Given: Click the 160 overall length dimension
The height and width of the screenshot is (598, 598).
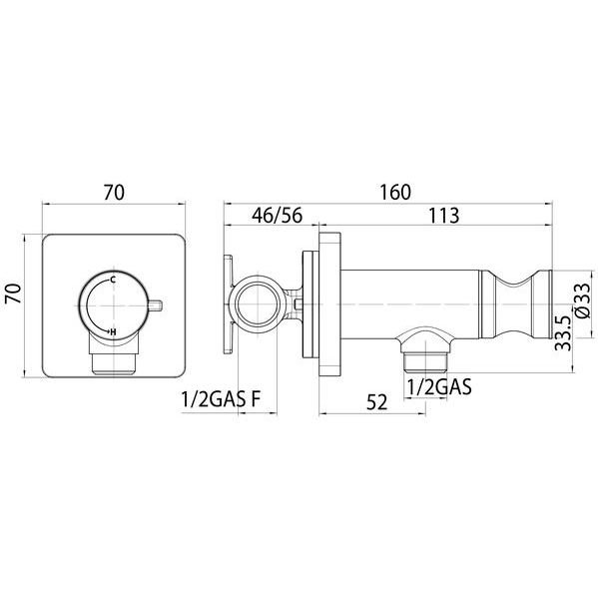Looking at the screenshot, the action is pos(395,192).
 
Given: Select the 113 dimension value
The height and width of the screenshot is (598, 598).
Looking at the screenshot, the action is pos(444,216).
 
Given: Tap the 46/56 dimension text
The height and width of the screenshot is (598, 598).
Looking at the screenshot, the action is pos(277,216).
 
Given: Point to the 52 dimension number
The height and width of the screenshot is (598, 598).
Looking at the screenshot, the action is pos(376,402).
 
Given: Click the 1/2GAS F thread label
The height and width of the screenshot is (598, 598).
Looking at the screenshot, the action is pos(221,399).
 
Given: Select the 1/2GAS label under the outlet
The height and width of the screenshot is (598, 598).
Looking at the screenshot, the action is pos(439,386).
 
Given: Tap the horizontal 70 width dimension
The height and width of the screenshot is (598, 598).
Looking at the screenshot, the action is pos(114,192).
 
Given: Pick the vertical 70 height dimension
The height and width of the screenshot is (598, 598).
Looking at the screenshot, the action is pos(14,293).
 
